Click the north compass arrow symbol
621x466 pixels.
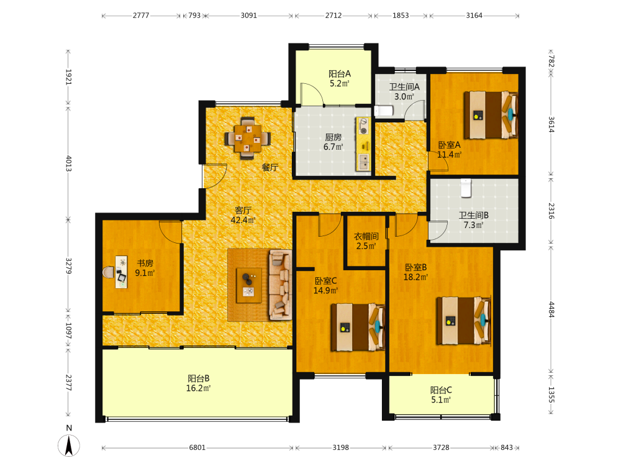(69, 445)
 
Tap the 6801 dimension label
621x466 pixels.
(197, 447)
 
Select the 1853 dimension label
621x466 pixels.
(401, 16)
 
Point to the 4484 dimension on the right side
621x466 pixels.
(551, 309)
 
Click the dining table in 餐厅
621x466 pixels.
(248, 139)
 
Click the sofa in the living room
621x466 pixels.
(280, 285)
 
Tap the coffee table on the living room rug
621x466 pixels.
(249, 285)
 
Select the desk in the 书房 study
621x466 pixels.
(122, 272)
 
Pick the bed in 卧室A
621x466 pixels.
(491, 115)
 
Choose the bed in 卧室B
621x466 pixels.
(464, 321)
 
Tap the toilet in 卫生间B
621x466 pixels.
(466, 188)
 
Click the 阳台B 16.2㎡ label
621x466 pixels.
(199, 383)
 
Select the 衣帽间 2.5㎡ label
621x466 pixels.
(366, 241)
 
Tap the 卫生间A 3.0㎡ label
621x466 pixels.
(404, 91)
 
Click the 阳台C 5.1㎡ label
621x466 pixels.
(441, 395)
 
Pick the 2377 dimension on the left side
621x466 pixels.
(68, 382)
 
